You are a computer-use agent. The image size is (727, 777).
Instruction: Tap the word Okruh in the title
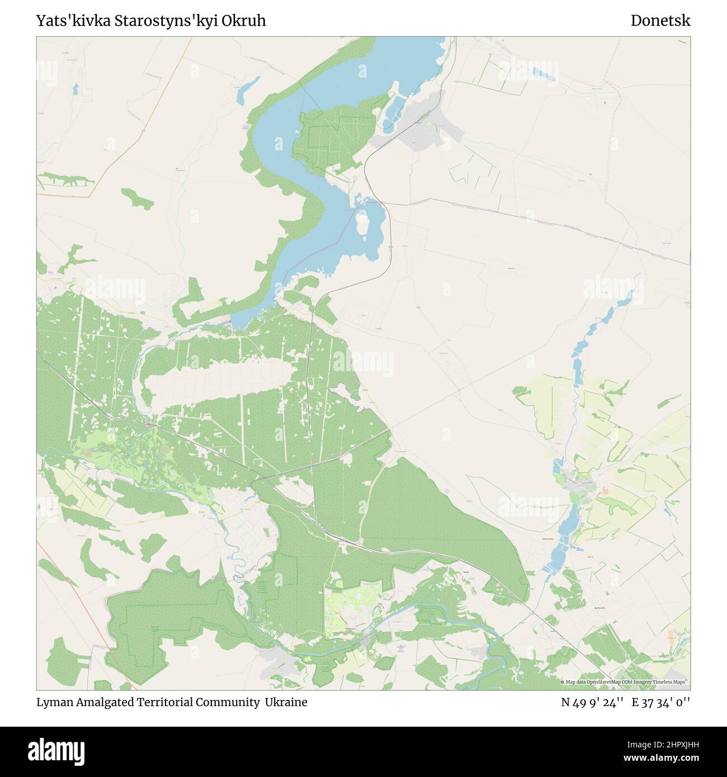click(246, 21)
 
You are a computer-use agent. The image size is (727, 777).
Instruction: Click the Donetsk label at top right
click(660, 21)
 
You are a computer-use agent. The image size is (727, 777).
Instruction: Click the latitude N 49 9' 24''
click(592, 702)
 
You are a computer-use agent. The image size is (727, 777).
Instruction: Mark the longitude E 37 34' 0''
click(661, 702)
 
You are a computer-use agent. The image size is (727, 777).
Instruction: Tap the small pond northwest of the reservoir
click(247, 90)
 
